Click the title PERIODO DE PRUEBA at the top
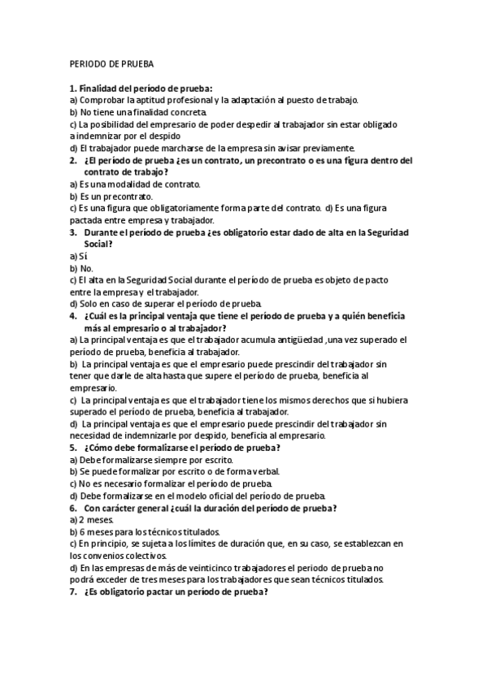point(106,63)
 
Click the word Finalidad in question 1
point(98,88)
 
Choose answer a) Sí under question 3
point(78,256)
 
